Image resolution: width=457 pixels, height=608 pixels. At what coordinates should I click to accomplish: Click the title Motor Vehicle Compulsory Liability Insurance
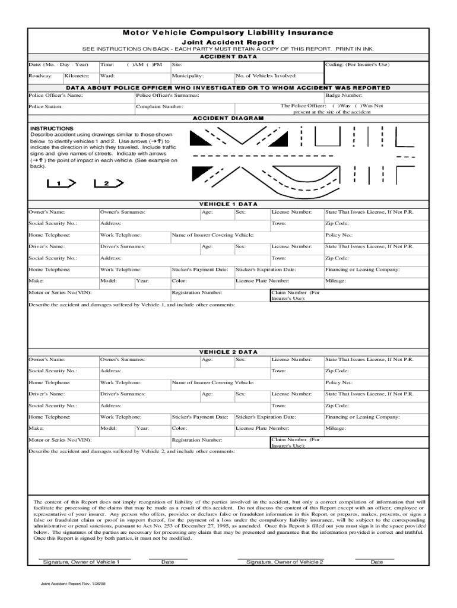point(228,33)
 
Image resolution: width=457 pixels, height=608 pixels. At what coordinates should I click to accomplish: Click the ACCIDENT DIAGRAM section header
point(228,118)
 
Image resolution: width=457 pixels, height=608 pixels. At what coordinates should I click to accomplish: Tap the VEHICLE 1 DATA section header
point(228,204)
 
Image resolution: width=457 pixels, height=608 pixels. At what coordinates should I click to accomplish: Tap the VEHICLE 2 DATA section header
point(228,351)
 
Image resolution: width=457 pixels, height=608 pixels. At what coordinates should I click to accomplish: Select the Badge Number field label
point(344,95)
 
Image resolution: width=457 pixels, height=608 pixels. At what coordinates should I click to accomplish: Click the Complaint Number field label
point(159,107)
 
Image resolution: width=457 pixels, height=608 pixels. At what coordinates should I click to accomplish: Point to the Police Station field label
point(46,107)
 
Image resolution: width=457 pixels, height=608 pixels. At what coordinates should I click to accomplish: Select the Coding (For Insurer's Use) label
point(357,64)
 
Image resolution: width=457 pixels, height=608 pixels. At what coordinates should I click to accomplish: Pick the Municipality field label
point(188,76)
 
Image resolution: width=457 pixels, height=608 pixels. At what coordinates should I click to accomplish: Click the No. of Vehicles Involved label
point(266,76)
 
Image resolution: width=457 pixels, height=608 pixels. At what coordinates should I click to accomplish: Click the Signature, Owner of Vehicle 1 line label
point(80,562)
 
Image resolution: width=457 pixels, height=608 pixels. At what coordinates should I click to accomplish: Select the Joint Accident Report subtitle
point(228,43)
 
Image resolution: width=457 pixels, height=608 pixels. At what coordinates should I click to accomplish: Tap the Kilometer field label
point(77,76)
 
